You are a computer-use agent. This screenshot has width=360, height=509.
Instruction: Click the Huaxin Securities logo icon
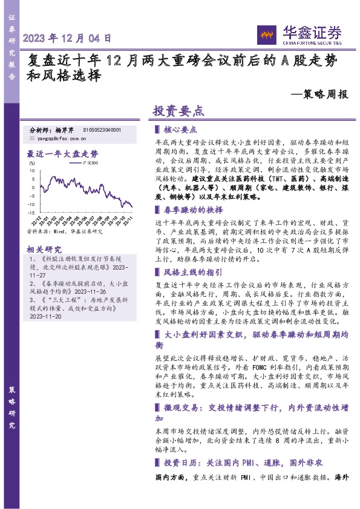click(x=265, y=34)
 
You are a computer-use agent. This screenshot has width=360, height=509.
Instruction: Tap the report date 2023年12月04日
click(x=67, y=38)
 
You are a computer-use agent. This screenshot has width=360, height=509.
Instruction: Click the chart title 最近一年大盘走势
click(x=62, y=154)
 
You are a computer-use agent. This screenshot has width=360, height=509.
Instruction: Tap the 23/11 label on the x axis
click(x=129, y=219)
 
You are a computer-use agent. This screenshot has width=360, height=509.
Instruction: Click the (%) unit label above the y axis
click(x=31, y=163)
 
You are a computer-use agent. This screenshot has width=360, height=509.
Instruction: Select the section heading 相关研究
click(x=44, y=249)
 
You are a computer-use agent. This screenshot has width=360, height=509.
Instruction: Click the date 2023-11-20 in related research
click(x=45, y=316)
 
